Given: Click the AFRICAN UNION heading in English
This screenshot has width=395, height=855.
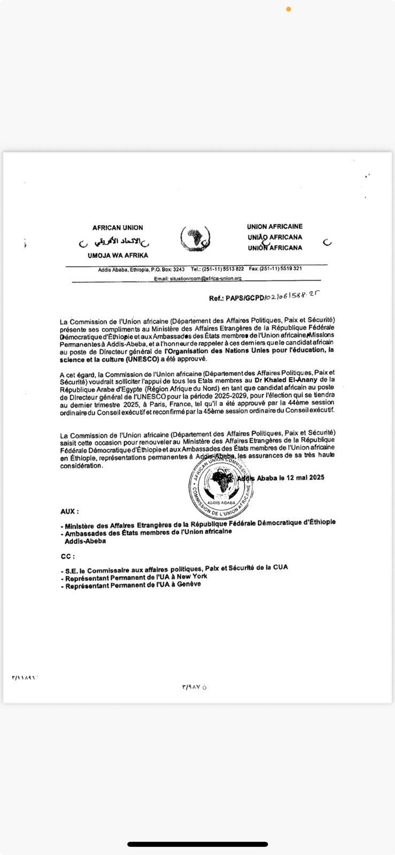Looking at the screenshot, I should pyautogui.click(x=118, y=228).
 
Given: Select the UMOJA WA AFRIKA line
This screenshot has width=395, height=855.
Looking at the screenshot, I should pyautogui.click(x=118, y=255).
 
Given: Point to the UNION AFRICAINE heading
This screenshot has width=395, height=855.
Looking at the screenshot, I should pyautogui.click(x=274, y=227).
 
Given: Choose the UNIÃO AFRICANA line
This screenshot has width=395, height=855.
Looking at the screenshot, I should pyautogui.click(x=275, y=237).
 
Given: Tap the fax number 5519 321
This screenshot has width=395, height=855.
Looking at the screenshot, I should pyautogui.click(x=289, y=269).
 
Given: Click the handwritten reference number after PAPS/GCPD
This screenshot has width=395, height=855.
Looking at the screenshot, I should pyautogui.click(x=292, y=296).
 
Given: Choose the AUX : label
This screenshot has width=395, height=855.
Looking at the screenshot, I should pyautogui.click(x=69, y=511).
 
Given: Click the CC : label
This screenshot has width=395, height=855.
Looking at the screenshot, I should pyautogui.click(x=67, y=556).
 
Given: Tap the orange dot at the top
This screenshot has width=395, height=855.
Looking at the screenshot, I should pyautogui.click(x=289, y=9).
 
